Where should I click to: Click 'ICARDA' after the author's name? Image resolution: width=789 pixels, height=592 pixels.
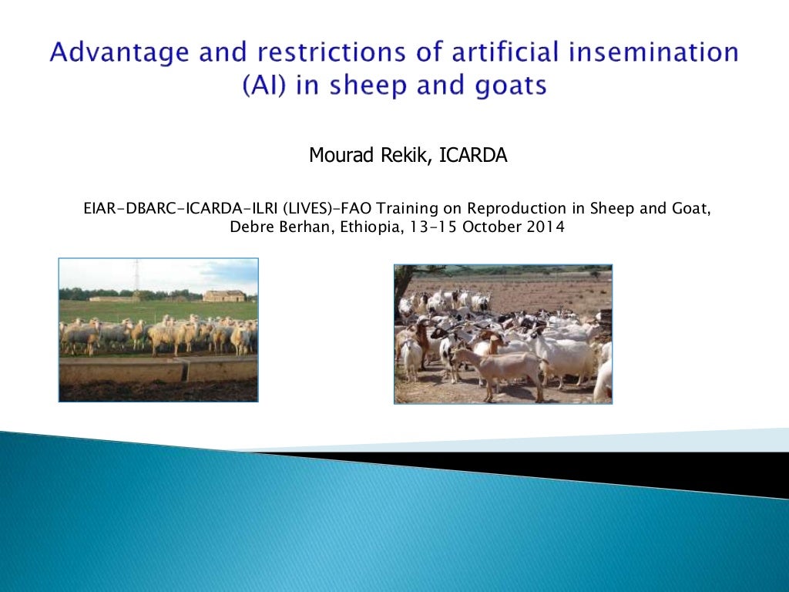[x=473, y=156]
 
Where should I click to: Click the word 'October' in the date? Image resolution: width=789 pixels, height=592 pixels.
[x=497, y=227]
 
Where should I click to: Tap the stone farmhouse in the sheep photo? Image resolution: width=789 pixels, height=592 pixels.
[x=224, y=296]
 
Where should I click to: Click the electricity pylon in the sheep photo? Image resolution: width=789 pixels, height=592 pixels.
[x=137, y=275]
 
